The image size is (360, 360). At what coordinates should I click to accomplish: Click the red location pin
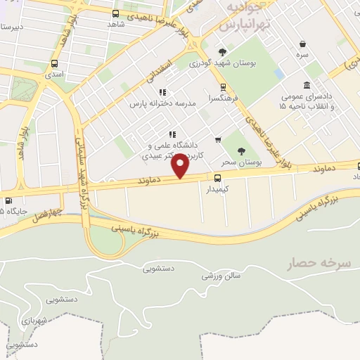(181, 167)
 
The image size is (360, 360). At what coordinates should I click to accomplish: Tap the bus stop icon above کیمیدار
(217, 177)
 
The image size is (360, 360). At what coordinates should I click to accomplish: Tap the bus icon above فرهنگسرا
(223, 88)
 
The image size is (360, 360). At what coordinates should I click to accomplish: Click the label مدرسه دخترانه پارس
(161, 103)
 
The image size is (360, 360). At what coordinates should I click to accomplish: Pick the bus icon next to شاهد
(116, 13)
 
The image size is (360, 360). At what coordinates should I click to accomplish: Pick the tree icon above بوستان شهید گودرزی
(223, 52)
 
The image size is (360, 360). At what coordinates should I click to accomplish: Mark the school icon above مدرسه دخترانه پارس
(162, 92)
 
